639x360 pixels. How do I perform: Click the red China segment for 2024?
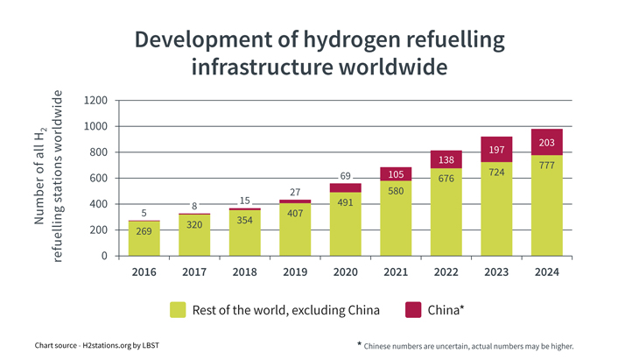pyautogui.click(x=547, y=142)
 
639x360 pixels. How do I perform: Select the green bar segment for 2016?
pyautogui.click(x=144, y=238)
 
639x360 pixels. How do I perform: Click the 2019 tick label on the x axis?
pyautogui.click(x=295, y=272)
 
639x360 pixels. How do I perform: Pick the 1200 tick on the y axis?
pyautogui.click(x=96, y=101)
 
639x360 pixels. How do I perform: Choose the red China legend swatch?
pyautogui.click(x=413, y=309)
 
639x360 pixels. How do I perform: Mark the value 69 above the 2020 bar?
pyautogui.click(x=346, y=177)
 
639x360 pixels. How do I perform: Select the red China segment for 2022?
pyautogui.click(x=446, y=159)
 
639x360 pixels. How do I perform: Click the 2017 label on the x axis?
pyautogui.click(x=194, y=272)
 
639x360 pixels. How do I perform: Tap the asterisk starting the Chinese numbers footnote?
pyautogui.click(x=359, y=343)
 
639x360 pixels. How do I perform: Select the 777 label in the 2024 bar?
pyautogui.click(x=547, y=165)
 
